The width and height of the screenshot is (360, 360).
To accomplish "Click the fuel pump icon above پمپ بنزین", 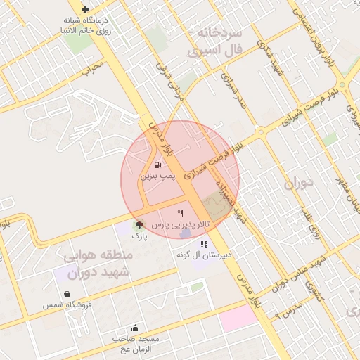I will [156, 166].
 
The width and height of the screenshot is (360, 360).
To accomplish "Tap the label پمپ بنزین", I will [156, 177].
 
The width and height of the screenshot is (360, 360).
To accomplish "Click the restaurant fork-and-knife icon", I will [181, 212].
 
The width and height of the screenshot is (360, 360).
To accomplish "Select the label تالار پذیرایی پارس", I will [181, 224].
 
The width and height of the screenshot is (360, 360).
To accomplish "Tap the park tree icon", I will [140, 226].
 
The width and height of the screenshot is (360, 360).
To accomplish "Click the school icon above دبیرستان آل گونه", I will [204, 244].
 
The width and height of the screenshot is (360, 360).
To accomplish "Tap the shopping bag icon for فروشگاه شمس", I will [67, 295].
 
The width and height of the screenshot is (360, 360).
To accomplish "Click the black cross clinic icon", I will [85, 10].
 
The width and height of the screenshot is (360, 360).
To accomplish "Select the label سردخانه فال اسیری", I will [214, 42].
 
